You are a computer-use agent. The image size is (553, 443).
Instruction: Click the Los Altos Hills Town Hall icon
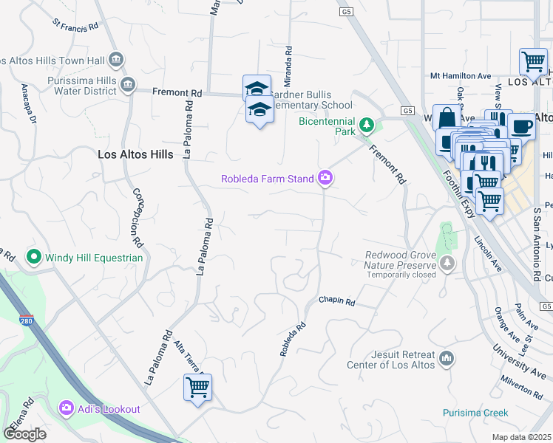tap(115, 59)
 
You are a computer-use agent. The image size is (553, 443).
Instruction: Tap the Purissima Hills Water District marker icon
tap(129, 84)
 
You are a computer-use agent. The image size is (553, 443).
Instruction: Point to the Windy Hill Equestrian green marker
tap(33, 258)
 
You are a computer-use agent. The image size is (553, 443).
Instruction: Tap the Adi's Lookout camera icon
tap(67, 408)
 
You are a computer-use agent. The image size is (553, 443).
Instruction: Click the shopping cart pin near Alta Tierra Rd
tap(197, 386)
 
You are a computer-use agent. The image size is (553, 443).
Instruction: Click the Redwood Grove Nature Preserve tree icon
tap(447, 263)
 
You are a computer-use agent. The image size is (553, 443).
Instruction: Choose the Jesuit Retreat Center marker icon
tap(446, 359)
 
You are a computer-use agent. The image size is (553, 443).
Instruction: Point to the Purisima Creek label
tap(475, 413)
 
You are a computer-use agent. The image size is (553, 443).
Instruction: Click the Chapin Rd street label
tap(337, 301)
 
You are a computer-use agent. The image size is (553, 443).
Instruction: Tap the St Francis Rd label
tap(75, 25)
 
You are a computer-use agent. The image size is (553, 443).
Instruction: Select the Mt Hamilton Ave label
tap(461, 76)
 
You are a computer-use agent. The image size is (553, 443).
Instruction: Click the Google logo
tap(24, 434)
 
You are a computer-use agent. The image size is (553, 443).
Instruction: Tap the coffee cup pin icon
tap(522, 126)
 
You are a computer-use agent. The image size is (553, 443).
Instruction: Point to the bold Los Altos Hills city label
tap(136, 155)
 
